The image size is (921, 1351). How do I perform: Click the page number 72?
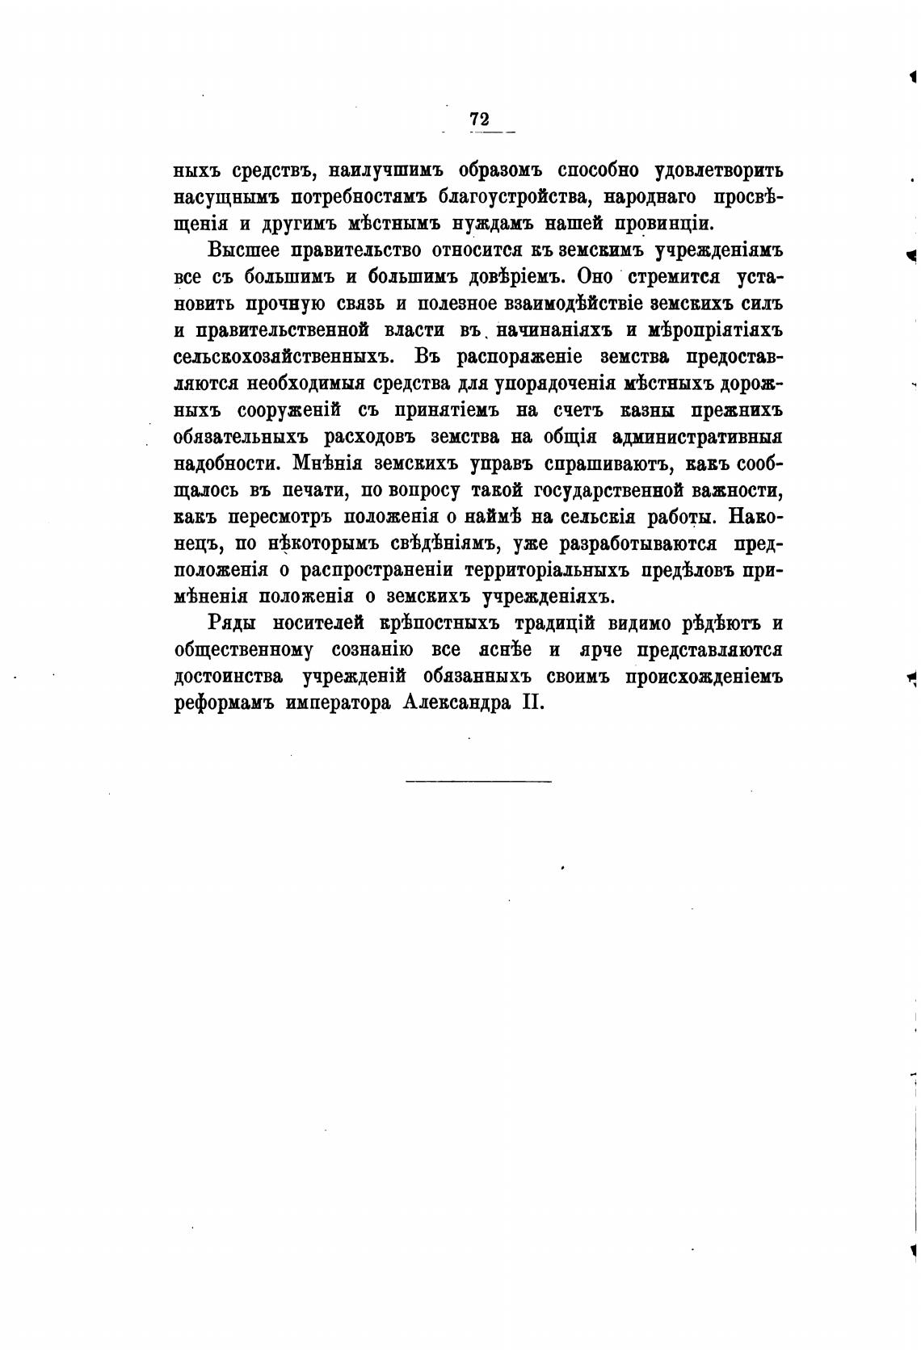(x=479, y=119)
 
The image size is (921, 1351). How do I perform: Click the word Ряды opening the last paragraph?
(x=232, y=623)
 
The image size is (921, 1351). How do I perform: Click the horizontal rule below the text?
(x=478, y=781)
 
